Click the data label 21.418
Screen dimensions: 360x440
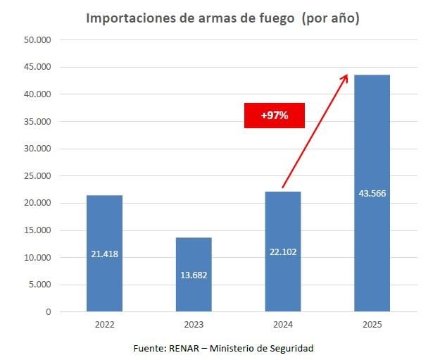[104, 254]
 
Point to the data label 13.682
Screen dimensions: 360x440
[194, 274]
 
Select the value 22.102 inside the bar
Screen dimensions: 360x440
[283, 252]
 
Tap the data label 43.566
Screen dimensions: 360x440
[372, 193]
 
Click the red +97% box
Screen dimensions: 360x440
[275, 116]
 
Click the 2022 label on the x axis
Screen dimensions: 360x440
[104, 325]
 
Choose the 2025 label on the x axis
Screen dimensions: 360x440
[372, 325]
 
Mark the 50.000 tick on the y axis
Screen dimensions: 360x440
[38, 39]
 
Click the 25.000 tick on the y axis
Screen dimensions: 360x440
[38, 175]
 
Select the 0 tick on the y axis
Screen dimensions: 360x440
[49, 311]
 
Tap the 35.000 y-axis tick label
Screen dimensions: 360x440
[38, 121]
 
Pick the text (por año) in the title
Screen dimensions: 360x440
[329, 18]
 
